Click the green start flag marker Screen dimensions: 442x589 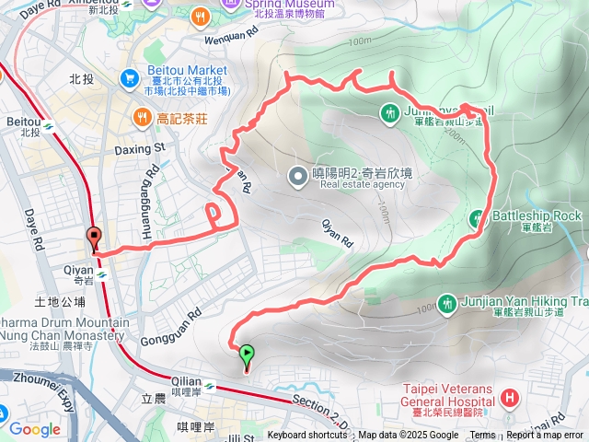(x=247, y=354)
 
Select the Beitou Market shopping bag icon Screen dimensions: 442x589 (x=131, y=78)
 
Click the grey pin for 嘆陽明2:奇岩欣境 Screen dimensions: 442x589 (x=297, y=174)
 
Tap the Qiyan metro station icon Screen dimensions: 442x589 (x=101, y=273)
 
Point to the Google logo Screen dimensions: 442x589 (x=34, y=429)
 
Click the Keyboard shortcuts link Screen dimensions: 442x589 (x=307, y=436)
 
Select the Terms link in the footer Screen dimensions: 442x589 (x=482, y=436)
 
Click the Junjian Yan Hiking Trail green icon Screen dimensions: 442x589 (x=446, y=302)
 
